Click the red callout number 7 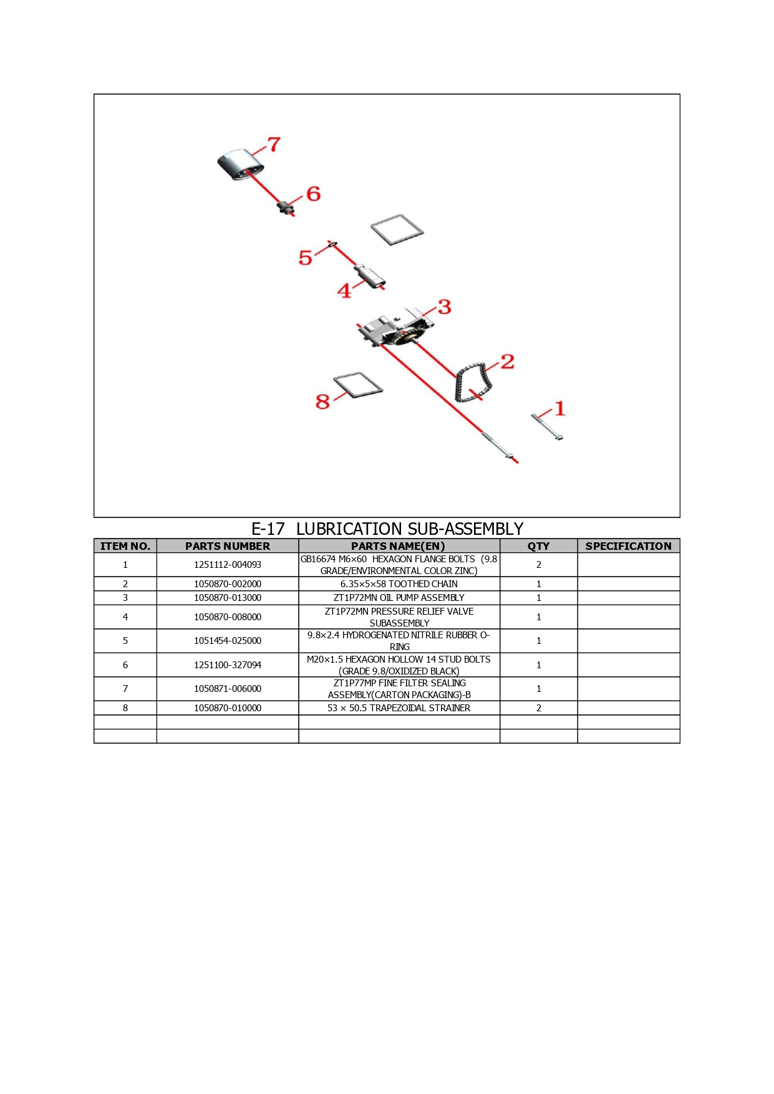(274, 145)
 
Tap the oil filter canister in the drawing (241, 165)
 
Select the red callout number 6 (313, 194)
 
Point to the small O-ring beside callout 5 (332, 244)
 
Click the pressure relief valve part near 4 (370, 276)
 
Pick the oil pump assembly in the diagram (396, 329)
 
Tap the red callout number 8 (322, 401)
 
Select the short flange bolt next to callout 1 (548, 426)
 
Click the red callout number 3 (444, 307)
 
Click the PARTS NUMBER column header (228, 546)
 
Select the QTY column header (539, 546)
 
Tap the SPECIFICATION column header (629, 546)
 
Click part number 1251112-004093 (228, 565)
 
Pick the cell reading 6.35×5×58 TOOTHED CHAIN (399, 584)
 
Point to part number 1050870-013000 (228, 598)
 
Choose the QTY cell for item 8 (539, 708)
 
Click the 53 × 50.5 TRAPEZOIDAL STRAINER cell (399, 708)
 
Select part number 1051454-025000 (228, 641)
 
